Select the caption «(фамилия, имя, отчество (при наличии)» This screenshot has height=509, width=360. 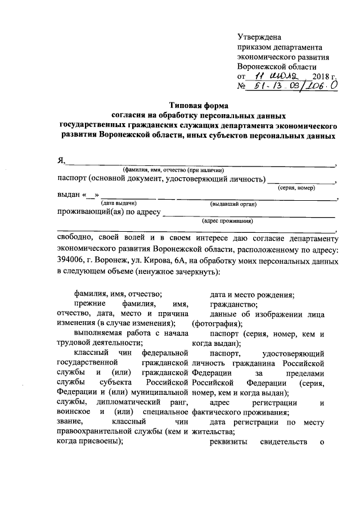(x=174, y=170)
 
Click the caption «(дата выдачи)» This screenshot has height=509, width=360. (x=119, y=203)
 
